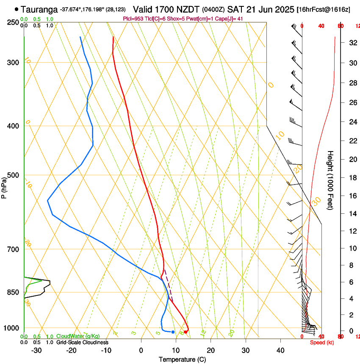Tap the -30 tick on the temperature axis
point(37,350)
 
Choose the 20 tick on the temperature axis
point(210,350)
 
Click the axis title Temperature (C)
point(182,359)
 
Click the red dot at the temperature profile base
point(186,332)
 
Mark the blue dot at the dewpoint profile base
point(173,332)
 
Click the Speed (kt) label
point(322,342)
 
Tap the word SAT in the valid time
point(234,9)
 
